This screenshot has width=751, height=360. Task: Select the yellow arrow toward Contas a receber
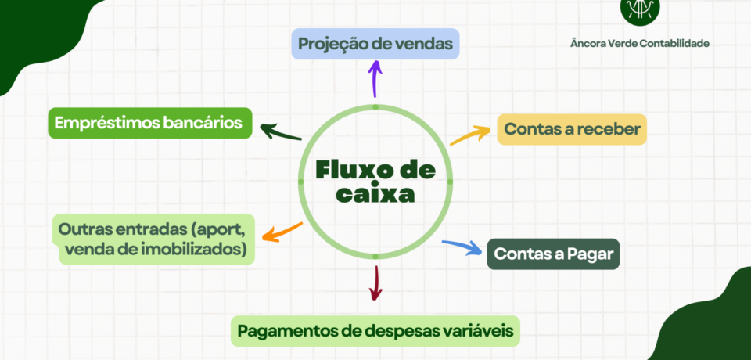click(471, 134)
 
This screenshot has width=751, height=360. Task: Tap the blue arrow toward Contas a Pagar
click(462, 247)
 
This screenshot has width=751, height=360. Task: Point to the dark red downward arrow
click(376, 283)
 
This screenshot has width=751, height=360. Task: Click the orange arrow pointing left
click(282, 232)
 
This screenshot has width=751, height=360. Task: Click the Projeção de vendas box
click(375, 44)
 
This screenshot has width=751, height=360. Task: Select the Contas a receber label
click(572, 129)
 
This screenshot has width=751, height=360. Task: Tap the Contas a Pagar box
click(553, 254)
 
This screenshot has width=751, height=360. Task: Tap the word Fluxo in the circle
click(350, 169)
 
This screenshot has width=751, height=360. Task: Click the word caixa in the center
click(375, 194)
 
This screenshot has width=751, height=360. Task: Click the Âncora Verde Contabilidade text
click(639, 44)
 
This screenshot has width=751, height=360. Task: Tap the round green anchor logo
click(639, 7)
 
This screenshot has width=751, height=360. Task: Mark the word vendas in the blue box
click(423, 44)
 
